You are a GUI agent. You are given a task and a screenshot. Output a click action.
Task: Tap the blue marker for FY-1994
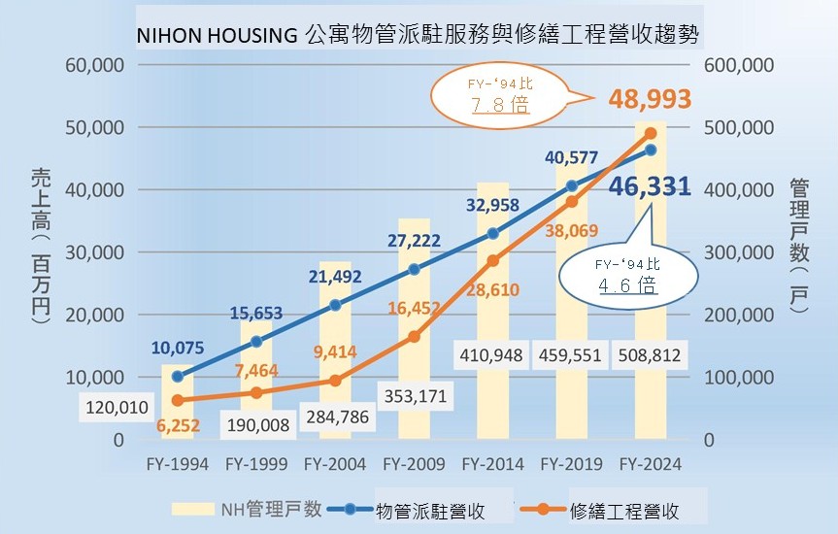tap(177, 377)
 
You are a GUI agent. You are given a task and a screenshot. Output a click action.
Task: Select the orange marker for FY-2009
tap(414, 336)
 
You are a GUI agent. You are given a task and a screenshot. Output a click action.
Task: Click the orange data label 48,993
tap(650, 98)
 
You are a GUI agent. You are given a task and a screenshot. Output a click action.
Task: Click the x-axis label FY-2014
tap(492, 464)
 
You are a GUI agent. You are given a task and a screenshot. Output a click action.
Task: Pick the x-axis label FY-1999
tap(255, 464)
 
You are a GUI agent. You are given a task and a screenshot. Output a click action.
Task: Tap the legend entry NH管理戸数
tap(247, 510)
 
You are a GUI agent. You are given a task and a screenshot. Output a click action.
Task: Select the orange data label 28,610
tap(491, 289)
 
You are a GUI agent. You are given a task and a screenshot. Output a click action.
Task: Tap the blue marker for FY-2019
tap(572, 186)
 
